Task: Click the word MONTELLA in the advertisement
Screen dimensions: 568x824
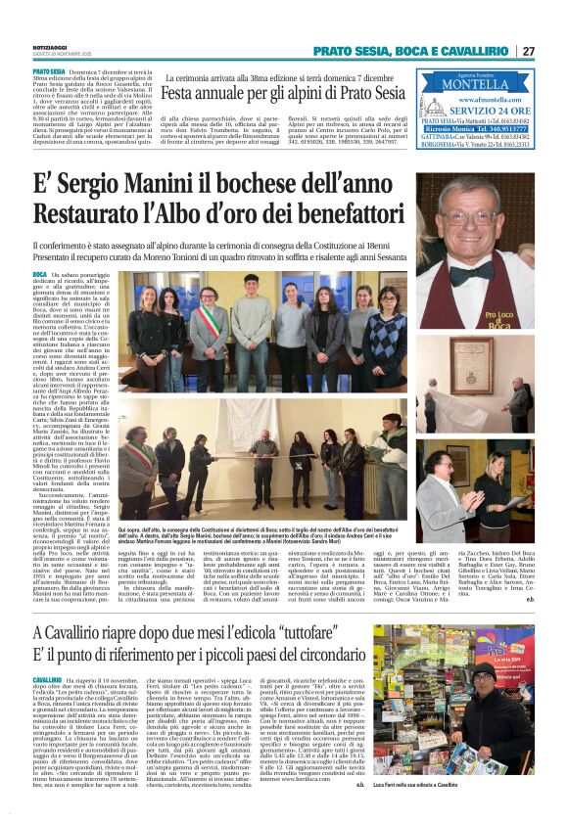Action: pos(474,85)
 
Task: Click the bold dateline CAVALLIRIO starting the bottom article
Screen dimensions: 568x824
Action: pos(50,650)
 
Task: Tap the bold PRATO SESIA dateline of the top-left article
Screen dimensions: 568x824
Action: pos(49,71)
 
